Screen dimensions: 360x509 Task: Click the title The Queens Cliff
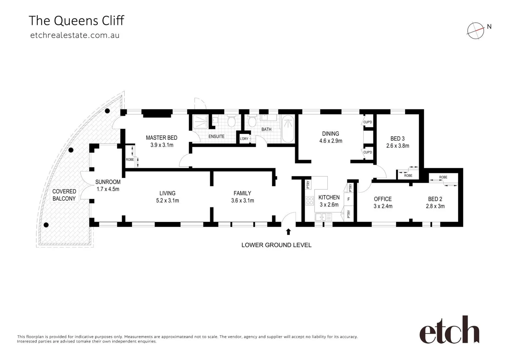tap(76, 21)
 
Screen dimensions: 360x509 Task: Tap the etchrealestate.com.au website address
tap(75, 35)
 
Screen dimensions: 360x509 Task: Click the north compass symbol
tap(476, 31)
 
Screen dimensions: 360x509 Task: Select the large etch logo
tap(449, 330)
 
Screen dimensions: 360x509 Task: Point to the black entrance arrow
tap(288, 232)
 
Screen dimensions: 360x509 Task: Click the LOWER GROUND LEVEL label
tap(276, 245)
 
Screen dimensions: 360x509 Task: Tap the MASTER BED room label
tap(162, 138)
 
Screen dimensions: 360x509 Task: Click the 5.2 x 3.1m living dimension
tap(167, 201)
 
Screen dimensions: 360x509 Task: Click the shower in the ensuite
tap(201, 122)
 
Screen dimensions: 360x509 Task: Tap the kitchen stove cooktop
tap(309, 201)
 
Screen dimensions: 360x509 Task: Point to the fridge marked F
tap(348, 199)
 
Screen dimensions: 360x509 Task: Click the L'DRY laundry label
tap(244, 139)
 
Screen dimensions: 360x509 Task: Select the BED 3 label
tap(397, 139)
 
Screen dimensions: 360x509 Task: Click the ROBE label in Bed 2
tap(443, 177)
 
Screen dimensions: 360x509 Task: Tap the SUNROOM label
tap(108, 182)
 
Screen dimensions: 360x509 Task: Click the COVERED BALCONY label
tap(64, 195)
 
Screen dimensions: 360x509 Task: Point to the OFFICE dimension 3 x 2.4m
tap(383, 206)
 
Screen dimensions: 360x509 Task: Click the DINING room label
tap(330, 134)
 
